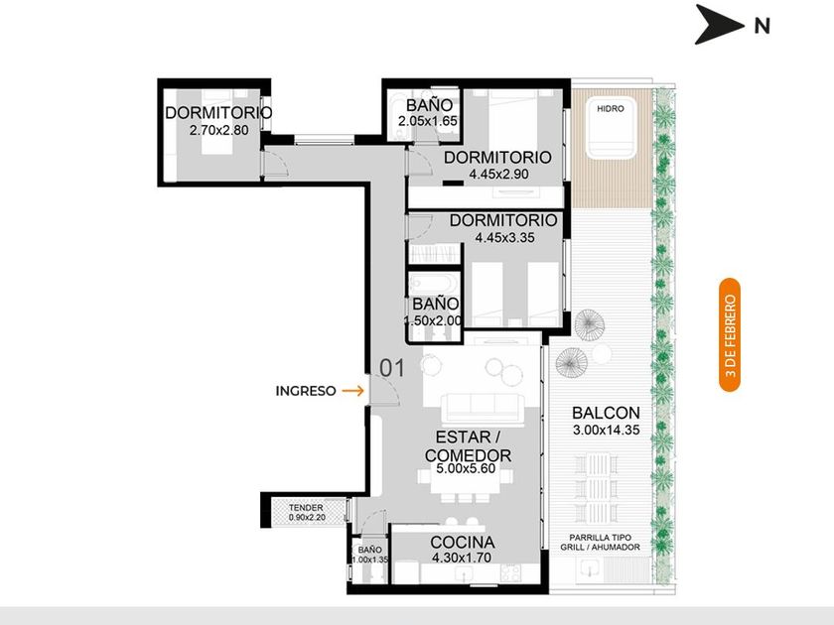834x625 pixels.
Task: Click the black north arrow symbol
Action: [x=718, y=25]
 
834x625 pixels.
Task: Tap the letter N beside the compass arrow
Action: [x=763, y=26]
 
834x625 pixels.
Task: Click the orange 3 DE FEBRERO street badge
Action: [x=730, y=335]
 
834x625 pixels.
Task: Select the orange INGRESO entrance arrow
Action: [x=352, y=391]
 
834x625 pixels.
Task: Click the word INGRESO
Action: [x=306, y=391]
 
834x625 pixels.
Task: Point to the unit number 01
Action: [x=392, y=368]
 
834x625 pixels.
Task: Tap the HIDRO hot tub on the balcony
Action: [x=611, y=128]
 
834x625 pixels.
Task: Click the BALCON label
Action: [x=606, y=413]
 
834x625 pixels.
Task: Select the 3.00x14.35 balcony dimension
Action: [x=606, y=431]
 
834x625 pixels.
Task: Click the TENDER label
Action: [x=306, y=508]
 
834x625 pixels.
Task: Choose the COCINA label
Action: [x=463, y=542]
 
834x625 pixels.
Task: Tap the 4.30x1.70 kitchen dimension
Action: [x=461, y=558]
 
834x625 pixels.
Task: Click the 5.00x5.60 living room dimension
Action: [x=466, y=468]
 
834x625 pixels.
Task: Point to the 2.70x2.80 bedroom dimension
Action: [x=218, y=130]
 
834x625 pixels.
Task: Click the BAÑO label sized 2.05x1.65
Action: [x=429, y=105]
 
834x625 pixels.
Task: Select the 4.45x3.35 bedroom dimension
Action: [x=504, y=237]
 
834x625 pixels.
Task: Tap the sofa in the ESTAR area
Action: [x=483, y=408]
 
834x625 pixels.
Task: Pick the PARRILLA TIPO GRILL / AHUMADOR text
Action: [x=600, y=543]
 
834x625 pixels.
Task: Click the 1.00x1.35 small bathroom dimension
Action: [x=370, y=560]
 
